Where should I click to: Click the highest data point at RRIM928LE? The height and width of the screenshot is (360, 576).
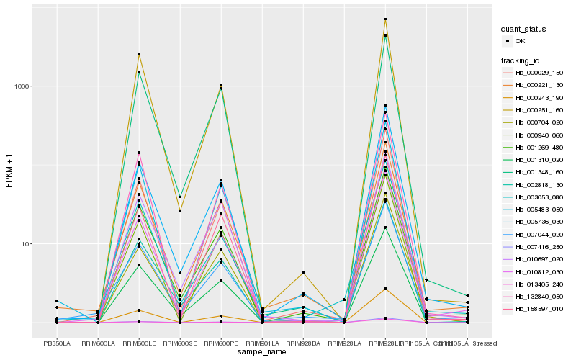pos(385,19)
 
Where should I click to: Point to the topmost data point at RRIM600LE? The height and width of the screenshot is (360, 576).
pos(139,55)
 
